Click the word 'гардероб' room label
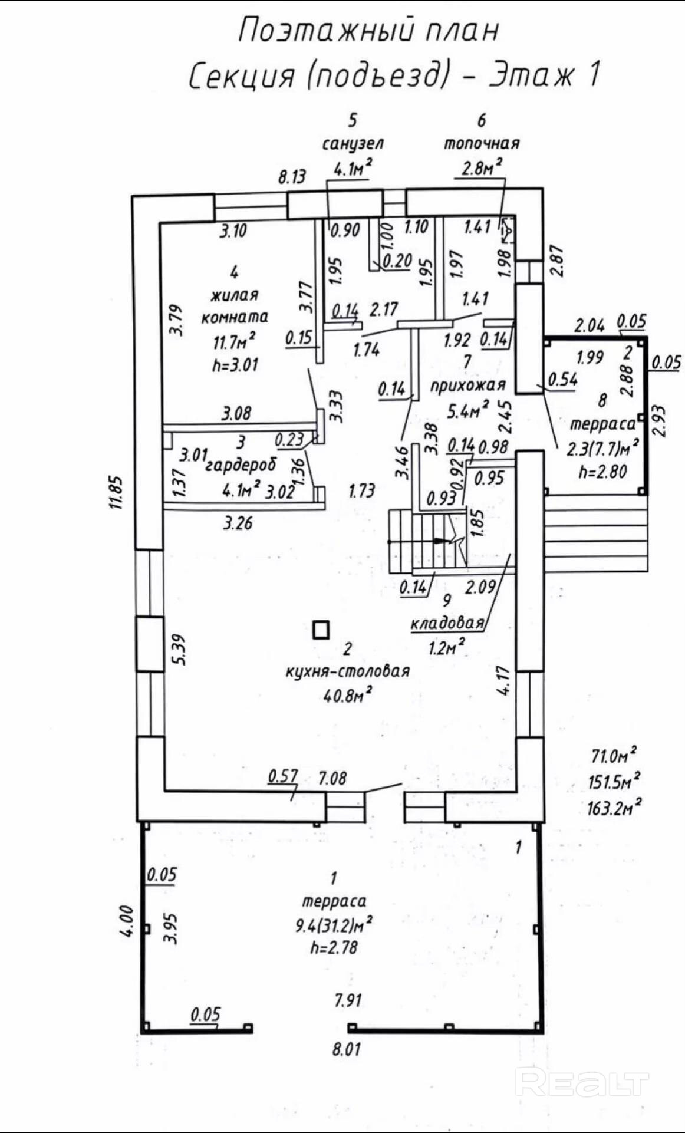click(x=241, y=465)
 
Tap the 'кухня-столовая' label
click(x=347, y=671)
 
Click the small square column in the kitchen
click(x=321, y=630)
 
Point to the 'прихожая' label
click(x=467, y=386)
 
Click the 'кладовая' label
click(x=447, y=623)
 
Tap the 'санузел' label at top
click(x=353, y=143)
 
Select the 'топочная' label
click(x=482, y=143)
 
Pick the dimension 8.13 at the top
click(x=292, y=176)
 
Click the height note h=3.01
click(x=235, y=365)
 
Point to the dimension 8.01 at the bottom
click(x=347, y=1049)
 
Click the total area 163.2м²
click(x=614, y=806)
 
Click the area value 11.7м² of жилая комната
click(x=234, y=341)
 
